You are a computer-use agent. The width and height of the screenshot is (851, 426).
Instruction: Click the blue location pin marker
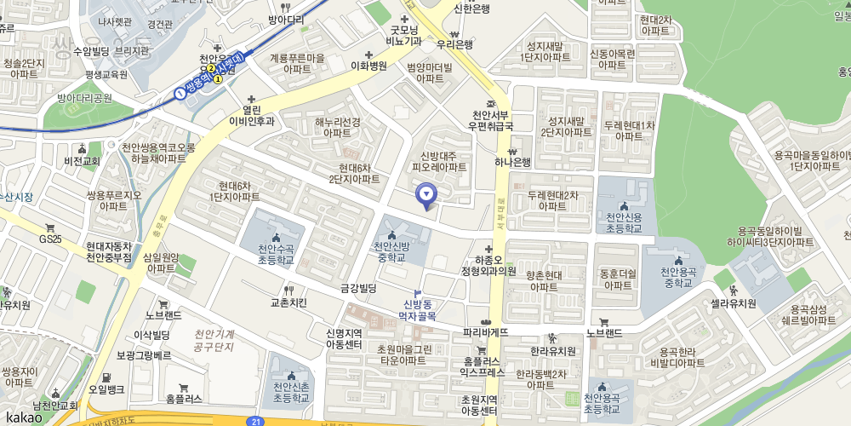tap(427, 196)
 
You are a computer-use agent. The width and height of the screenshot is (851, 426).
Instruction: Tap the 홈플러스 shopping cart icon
tap(183, 388)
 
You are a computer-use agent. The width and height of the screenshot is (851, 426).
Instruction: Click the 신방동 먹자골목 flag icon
tap(418, 292)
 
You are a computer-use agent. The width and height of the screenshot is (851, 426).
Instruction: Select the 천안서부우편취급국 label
tap(492, 120)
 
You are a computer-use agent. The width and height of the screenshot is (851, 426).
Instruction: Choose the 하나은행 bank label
tap(512, 162)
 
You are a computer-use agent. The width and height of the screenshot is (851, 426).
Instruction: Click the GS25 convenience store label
tap(50, 239)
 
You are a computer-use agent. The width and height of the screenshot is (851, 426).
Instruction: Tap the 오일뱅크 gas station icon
tap(106, 377)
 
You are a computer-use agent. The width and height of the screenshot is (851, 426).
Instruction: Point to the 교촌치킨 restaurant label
tap(288, 302)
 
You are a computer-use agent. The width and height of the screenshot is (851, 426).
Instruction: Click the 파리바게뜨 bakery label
tap(485, 331)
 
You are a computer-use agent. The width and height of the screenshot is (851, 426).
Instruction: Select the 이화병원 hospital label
tap(368, 65)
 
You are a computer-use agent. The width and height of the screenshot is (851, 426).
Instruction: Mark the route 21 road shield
tap(256, 421)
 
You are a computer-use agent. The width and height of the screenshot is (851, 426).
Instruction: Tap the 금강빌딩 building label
tap(357, 288)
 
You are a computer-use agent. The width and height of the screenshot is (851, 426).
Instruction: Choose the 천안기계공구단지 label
tap(214, 340)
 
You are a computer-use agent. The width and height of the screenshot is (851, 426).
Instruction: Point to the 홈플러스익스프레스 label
tap(483, 367)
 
